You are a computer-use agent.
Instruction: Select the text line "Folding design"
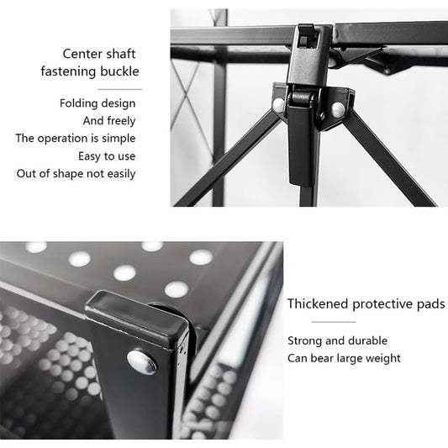(x=98, y=103)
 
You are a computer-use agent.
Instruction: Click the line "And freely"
(x=109, y=121)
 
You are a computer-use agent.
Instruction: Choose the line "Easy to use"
(x=107, y=156)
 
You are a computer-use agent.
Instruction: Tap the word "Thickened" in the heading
(x=318, y=303)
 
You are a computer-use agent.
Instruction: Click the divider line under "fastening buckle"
(x=119, y=89)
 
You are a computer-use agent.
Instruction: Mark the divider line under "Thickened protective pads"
(x=334, y=322)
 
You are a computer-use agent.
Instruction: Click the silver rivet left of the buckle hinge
(x=278, y=105)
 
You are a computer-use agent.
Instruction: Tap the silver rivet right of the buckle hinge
(x=338, y=109)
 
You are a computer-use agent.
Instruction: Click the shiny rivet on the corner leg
(x=142, y=362)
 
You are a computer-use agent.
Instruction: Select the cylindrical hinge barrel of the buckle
(x=302, y=98)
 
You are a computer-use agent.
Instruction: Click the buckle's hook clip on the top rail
(x=306, y=37)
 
